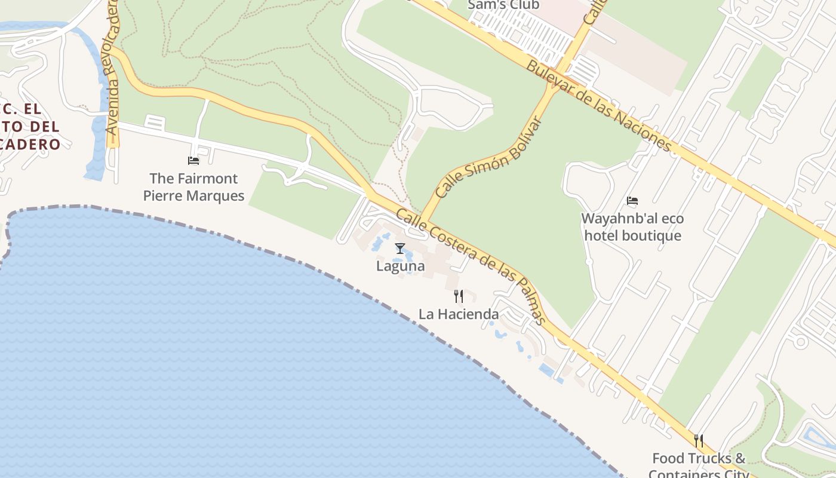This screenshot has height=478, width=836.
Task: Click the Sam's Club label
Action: [x=503, y=5]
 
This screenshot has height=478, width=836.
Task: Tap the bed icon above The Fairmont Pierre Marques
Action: [x=193, y=160]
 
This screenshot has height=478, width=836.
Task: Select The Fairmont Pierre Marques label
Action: [x=193, y=186]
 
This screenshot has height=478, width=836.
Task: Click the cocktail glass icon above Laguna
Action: [x=400, y=249]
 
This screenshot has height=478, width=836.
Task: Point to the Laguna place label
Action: [x=400, y=266]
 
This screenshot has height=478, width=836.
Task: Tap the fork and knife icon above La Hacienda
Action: [x=459, y=296]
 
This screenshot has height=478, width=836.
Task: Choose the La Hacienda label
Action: [x=459, y=314]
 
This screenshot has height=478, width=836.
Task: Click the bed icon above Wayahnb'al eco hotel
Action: [x=632, y=201]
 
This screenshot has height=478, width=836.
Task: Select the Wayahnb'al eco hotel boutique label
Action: [x=632, y=227]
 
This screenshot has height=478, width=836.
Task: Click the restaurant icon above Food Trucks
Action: [x=699, y=441]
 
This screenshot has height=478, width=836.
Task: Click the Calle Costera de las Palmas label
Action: [x=471, y=266]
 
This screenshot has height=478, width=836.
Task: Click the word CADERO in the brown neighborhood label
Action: [x=31, y=144]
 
